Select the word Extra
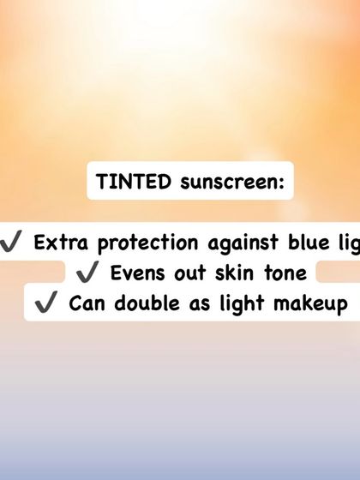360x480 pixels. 61,243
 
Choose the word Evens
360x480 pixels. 135,273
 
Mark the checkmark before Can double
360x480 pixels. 47,303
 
